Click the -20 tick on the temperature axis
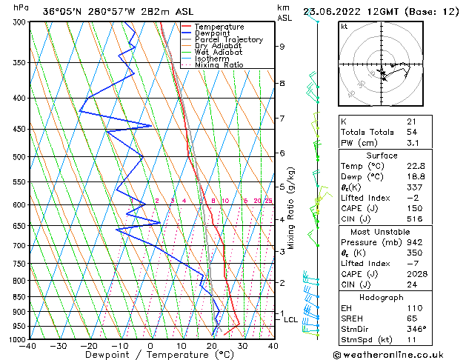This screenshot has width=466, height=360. [x=89, y=345]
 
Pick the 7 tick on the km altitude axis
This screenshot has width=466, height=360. [x=282, y=119]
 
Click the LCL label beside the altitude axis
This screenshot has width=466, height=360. [x=290, y=320]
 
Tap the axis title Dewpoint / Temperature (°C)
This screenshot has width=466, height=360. [x=150, y=355]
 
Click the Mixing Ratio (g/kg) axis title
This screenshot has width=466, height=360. [x=291, y=207]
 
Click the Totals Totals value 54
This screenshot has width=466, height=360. [x=411, y=132]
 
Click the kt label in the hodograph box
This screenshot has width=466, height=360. [x=344, y=27]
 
